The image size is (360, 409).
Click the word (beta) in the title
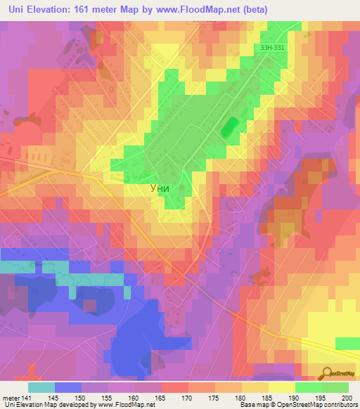coord(254,8)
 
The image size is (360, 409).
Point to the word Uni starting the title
coord(13,8)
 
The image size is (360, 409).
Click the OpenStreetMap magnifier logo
coord(327,373)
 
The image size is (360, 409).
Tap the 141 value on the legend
coord(27,397)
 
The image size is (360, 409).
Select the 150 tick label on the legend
coord(82,397)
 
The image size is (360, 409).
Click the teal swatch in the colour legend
coord(41,387)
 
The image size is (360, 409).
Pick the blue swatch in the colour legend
coord(67,387)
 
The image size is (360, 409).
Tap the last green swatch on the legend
coord(335,387)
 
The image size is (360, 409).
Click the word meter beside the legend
coord(10,397)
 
